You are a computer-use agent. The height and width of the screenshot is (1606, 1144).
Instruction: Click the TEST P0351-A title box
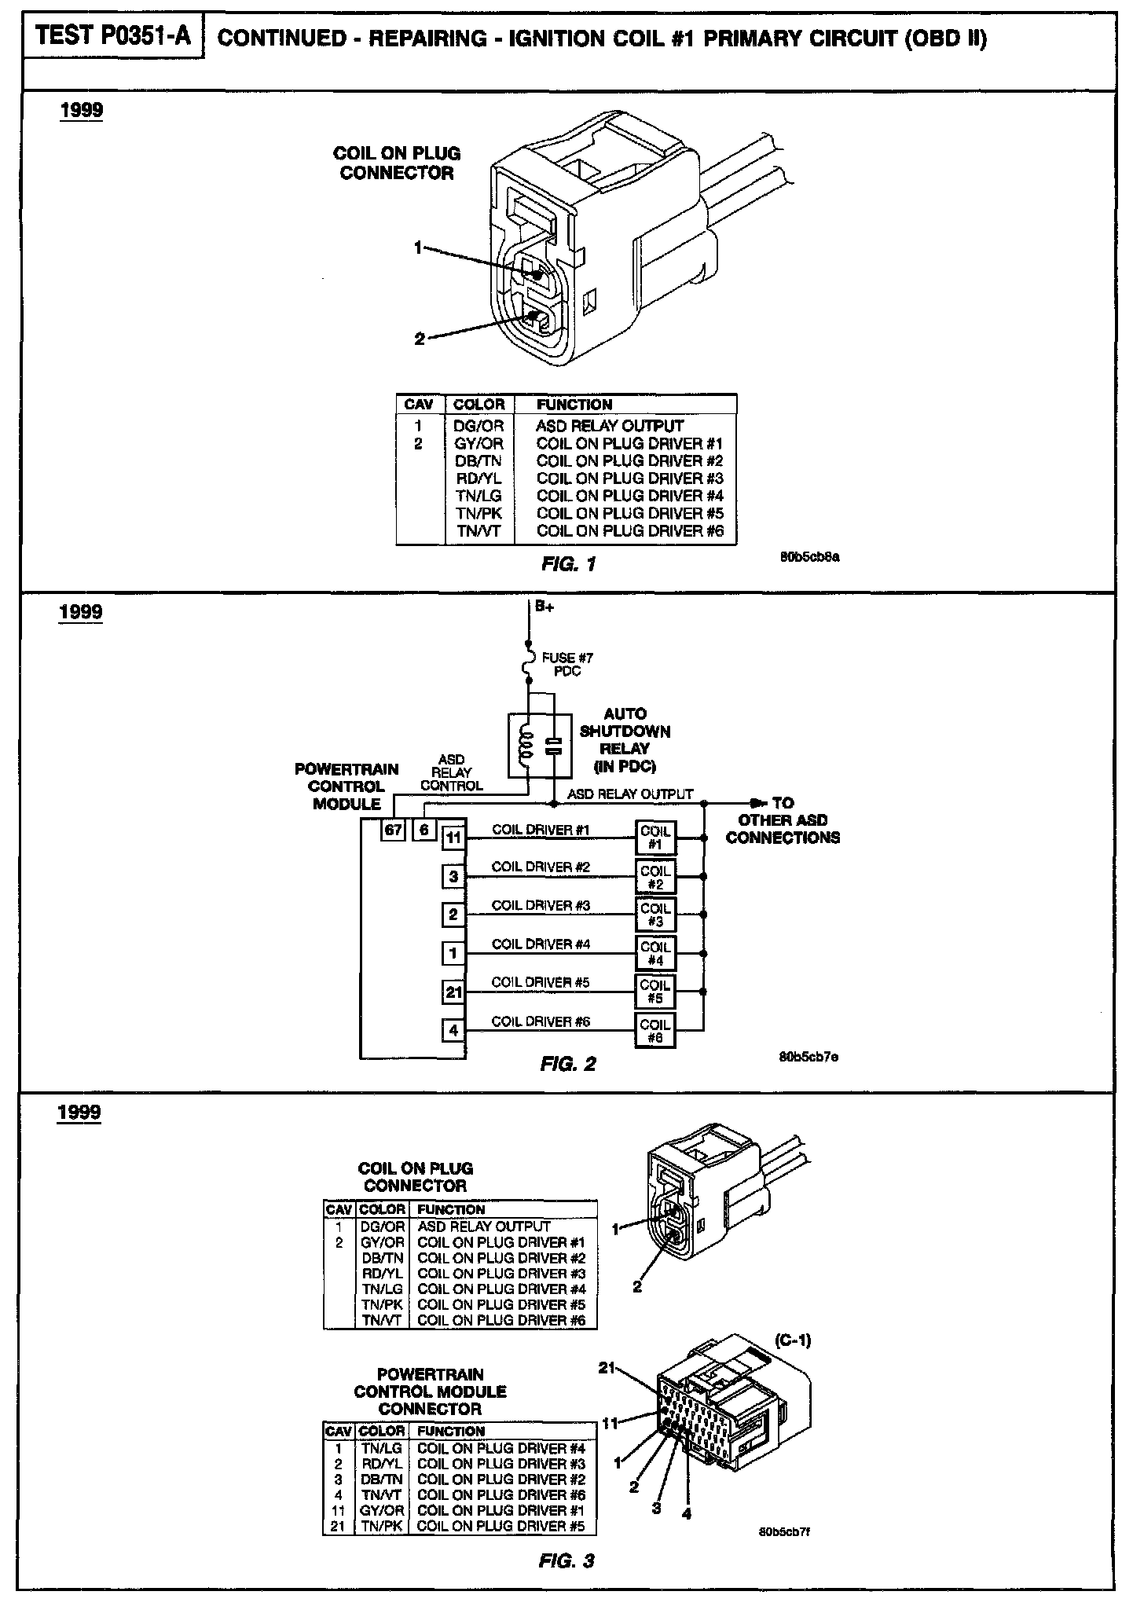(113, 36)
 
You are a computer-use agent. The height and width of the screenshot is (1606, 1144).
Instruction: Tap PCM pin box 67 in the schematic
(393, 829)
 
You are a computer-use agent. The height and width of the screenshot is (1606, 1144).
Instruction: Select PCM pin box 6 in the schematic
(424, 829)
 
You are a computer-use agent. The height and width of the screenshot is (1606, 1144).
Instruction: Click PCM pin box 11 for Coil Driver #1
(453, 838)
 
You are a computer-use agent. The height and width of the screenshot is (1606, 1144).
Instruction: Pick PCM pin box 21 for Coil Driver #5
(453, 992)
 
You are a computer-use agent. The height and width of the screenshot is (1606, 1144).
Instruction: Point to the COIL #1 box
(655, 838)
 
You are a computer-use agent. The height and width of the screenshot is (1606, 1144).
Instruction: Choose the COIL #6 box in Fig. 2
(655, 1030)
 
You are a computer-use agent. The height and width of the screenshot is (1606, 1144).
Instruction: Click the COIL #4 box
(655, 953)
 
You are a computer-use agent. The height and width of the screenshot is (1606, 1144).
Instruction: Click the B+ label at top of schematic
(545, 607)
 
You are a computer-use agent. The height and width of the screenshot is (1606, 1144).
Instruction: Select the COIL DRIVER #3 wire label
(541, 905)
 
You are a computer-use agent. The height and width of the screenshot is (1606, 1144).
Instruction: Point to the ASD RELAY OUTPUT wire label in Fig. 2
(630, 794)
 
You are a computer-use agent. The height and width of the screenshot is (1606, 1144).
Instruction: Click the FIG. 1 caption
(568, 563)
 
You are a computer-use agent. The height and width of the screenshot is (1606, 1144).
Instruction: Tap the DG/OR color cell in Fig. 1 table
(478, 426)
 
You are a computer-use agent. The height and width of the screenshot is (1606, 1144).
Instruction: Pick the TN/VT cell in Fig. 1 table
(478, 530)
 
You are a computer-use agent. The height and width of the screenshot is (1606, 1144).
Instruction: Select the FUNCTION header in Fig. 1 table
(574, 405)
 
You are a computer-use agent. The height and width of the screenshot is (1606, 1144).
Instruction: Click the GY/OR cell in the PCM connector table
(382, 1509)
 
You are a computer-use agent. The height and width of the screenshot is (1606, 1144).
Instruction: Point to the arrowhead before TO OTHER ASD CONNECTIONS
(757, 803)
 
